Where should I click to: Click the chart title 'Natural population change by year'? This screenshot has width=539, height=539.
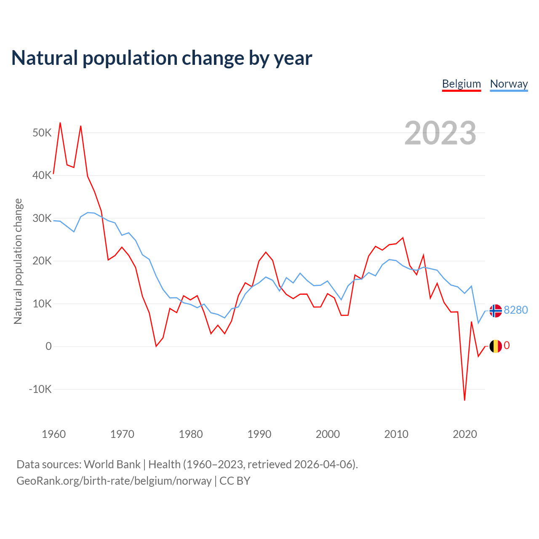(x=162, y=58)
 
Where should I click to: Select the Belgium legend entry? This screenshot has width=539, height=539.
(x=461, y=84)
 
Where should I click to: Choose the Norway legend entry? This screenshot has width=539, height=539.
(x=509, y=84)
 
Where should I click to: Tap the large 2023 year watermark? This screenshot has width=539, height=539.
(x=440, y=133)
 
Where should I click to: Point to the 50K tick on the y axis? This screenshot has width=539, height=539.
(x=42, y=133)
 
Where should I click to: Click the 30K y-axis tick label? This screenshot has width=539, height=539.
(x=42, y=218)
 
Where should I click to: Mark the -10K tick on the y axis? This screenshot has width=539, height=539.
(x=40, y=389)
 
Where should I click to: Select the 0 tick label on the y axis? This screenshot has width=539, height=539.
(x=48, y=346)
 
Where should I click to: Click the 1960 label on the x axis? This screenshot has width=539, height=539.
(x=54, y=434)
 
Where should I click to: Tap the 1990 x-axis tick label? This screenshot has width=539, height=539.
(x=259, y=434)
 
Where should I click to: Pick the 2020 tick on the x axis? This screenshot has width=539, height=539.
(x=465, y=434)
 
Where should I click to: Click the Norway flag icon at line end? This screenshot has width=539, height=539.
(x=496, y=311)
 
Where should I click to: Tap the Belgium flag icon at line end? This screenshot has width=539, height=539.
(x=496, y=346)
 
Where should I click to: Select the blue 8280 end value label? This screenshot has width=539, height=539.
(x=516, y=310)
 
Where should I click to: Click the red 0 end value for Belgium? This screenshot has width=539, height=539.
(x=507, y=346)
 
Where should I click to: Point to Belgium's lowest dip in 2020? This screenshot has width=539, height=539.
(x=464, y=400)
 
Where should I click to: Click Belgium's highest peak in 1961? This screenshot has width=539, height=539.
(x=60, y=123)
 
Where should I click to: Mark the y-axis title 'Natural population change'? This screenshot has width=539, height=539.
(x=18, y=261)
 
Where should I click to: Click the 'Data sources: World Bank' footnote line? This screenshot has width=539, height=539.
(x=187, y=464)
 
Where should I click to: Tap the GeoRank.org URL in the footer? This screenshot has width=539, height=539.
(x=114, y=481)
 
